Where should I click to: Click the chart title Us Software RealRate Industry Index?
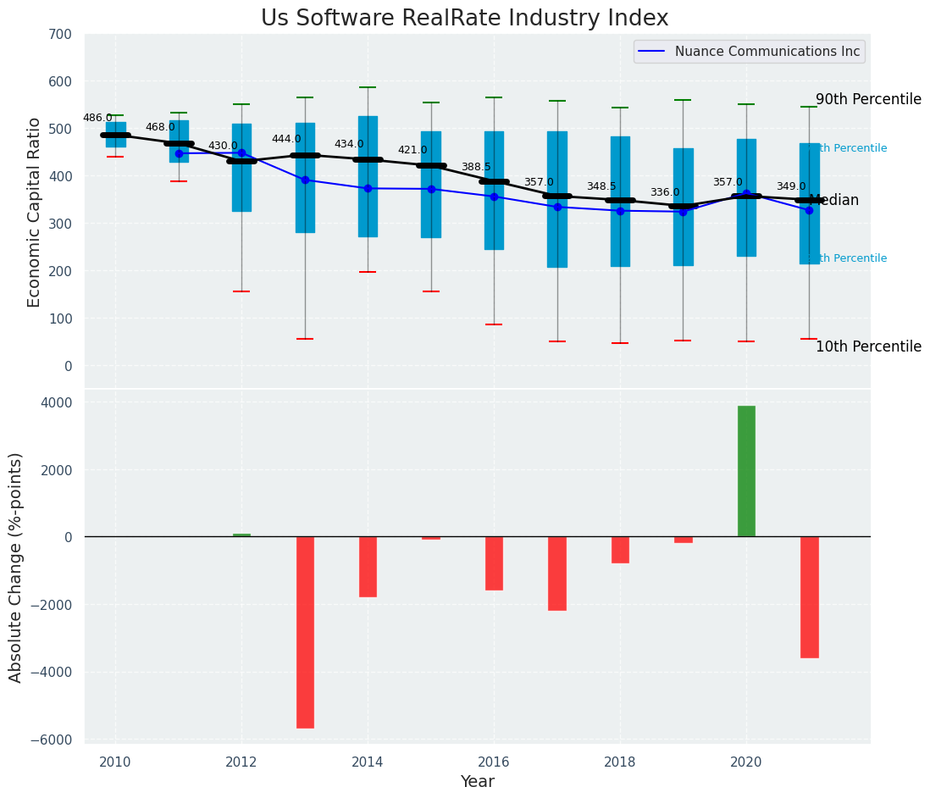tap(464, 19)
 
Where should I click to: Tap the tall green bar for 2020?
tap(746, 471)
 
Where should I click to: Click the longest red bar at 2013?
tap(305, 632)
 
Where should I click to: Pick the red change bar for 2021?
tap(809, 596)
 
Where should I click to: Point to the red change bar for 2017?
tap(556, 573)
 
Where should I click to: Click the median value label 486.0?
tap(97, 118)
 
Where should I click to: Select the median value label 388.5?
tap(476, 167)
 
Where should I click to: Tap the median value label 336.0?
tap(665, 192)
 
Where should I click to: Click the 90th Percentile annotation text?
tap(868, 99)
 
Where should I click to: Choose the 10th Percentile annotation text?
tap(868, 346)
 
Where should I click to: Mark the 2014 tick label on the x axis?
tap(368, 762)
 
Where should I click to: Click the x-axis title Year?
tap(477, 782)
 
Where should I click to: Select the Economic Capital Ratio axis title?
tap(35, 212)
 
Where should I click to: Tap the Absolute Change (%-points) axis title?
tap(16, 567)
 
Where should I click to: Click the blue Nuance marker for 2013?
tap(305, 180)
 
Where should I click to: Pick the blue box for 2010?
tap(116, 135)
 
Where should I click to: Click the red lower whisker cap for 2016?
tap(494, 324)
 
